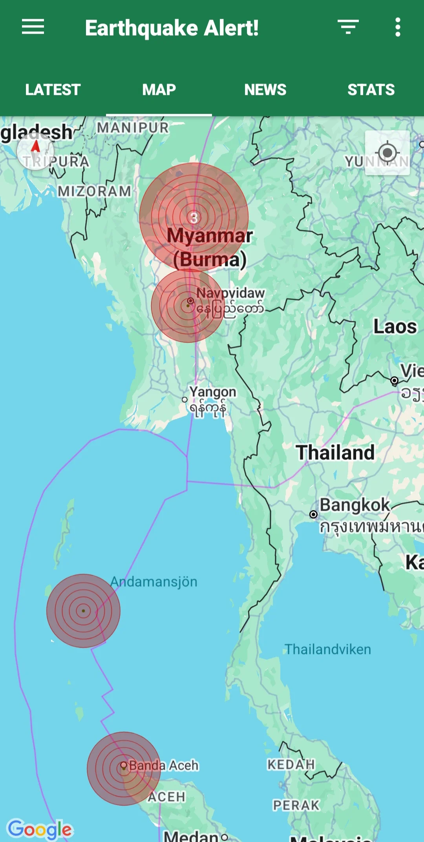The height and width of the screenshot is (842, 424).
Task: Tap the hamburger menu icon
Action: coord(33,27)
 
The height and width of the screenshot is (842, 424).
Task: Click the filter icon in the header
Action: coord(348,27)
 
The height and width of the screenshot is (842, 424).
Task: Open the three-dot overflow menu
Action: coord(398,27)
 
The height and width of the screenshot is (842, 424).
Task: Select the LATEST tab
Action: coord(53,90)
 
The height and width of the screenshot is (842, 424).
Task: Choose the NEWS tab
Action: coord(265,90)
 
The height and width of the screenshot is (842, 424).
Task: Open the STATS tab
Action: coord(371,90)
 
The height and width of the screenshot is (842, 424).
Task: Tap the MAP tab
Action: coord(159,90)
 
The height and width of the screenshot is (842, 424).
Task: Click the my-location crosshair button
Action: coord(387,153)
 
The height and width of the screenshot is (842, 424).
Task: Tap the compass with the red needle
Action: coord(35,151)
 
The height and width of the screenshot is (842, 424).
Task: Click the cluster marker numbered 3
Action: coord(194,217)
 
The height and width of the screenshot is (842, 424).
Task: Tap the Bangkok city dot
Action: coord(313,514)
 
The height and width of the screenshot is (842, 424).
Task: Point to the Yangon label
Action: coord(212,392)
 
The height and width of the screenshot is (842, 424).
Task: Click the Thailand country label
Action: coord(335,452)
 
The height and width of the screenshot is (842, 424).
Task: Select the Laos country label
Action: coord(395,326)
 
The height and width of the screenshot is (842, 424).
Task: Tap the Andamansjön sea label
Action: coord(154,581)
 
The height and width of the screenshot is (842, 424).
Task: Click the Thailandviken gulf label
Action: coord(327,649)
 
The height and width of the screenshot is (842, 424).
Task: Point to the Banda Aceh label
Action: coord(164,765)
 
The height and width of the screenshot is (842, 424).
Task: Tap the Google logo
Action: coord(40,829)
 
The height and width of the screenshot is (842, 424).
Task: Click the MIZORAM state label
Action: coord(94,191)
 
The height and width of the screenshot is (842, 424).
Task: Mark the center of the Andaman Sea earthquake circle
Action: coord(83,611)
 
